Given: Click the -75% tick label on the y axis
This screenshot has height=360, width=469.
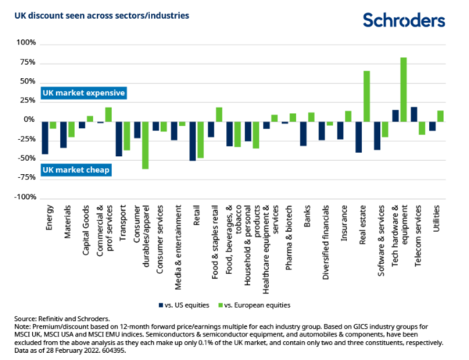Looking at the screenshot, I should tap(26, 177).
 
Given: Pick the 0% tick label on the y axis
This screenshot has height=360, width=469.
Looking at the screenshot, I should tap(30, 119).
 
